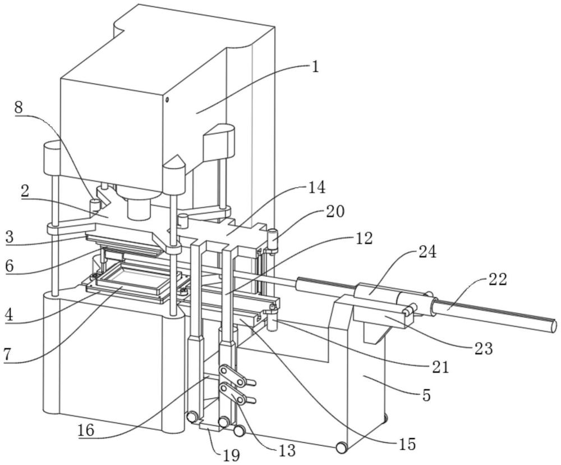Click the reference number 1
(x=315, y=68)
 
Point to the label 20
(x=335, y=211)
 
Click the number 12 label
(x=364, y=238)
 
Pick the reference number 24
(x=428, y=252)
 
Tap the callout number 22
(x=498, y=280)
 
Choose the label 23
(x=484, y=348)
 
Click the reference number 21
(x=440, y=367)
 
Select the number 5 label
(x=426, y=395)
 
